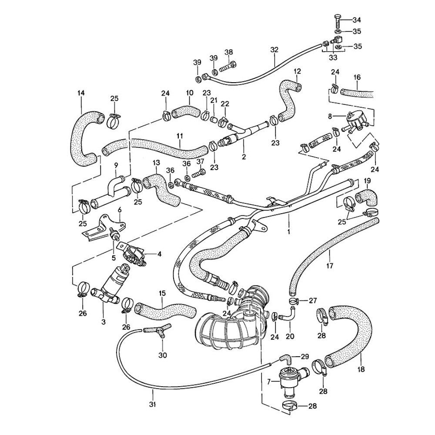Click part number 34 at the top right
pyautogui.click(x=357, y=20)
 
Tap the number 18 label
pyautogui.click(x=361, y=370)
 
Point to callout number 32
pyautogui.click(x=274, y=50)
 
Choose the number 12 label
pyautogui.click(x=297, y=71)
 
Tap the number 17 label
pyautogui.click(x=329, y=265)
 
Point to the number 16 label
pyautogui.click(x=357, y=77)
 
